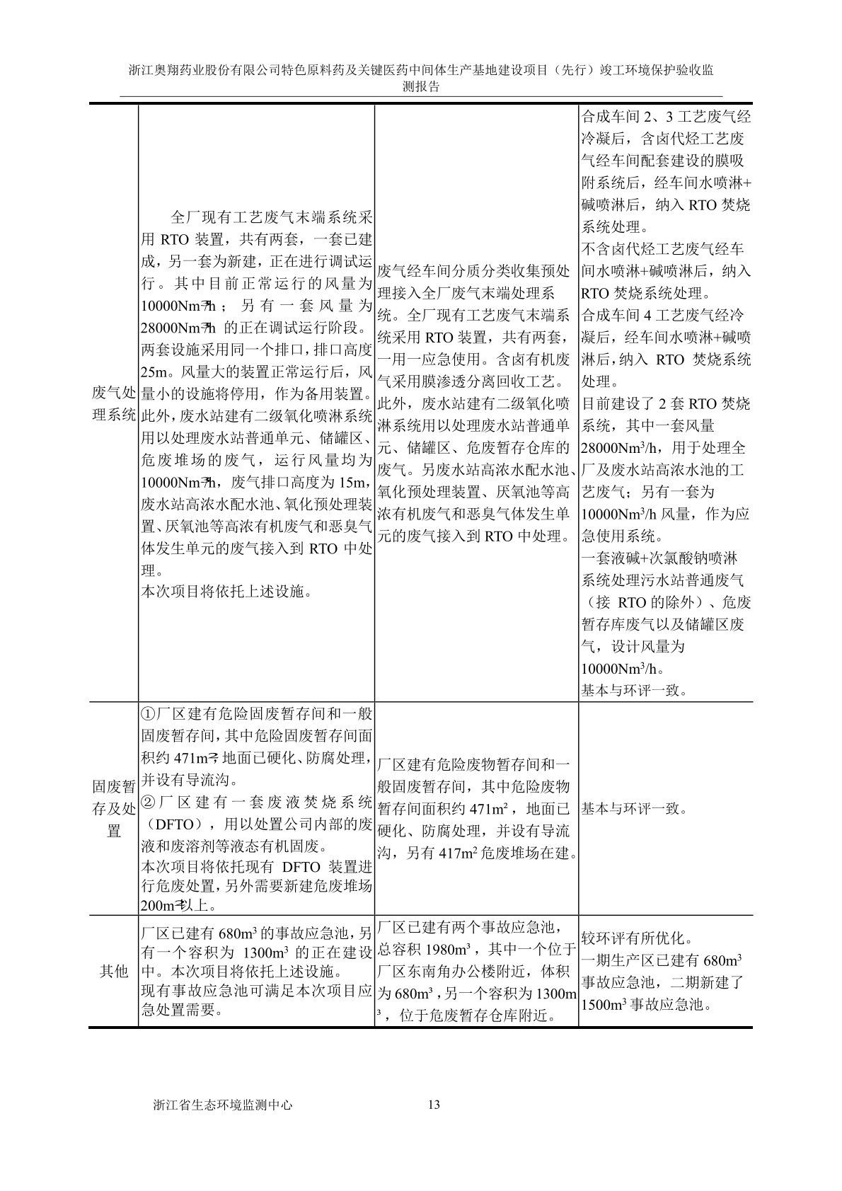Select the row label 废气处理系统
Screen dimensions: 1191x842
click(114, 403)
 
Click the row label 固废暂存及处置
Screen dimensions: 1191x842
click(114, 808)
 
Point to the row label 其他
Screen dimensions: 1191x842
click(114, 971)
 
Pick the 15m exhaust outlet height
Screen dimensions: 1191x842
click(354, 483)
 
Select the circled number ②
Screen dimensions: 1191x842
click(149, 802)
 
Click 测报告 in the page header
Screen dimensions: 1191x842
click(420, 86)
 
